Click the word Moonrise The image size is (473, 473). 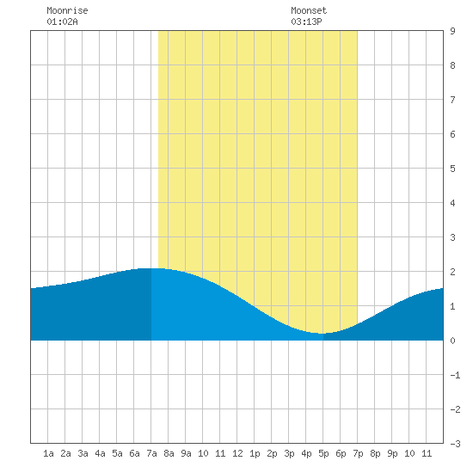pos(67,10)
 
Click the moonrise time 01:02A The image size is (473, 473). pos(62,21)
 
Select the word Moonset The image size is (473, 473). pos(309,10)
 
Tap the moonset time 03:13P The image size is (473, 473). pos(306,21)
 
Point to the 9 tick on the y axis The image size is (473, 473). pos(452,31)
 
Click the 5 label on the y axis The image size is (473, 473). pos(452,169)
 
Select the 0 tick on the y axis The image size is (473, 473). pos(452,341)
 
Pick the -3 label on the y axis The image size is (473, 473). pos(455,444)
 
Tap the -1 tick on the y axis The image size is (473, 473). pos(455,375)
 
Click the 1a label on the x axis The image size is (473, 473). pos(48,453)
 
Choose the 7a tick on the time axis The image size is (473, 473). pos(151,453)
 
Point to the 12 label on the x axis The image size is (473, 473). pos(237,453)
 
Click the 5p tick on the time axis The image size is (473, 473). pos(323,453)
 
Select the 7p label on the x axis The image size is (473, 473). pos(358,453)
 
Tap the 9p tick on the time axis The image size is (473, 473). pos(392,453)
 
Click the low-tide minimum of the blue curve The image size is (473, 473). pos(322,334)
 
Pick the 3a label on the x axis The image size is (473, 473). pos(83,453)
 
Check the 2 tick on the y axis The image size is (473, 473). pos(452,272)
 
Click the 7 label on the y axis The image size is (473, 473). pos(452,100)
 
